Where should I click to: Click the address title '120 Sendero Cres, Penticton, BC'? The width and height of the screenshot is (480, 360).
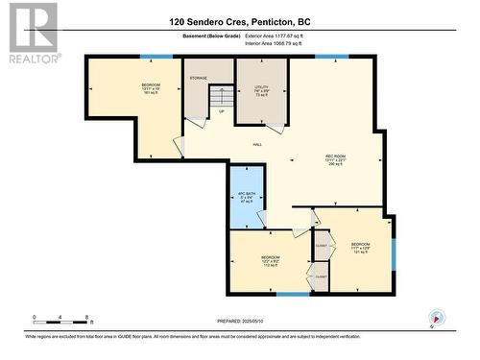click(x=239, y=21)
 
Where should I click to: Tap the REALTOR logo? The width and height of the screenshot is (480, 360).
click(x=34, y=34)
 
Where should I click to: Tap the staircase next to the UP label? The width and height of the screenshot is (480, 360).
click(x=222, y=97)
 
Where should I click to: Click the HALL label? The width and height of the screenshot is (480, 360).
click(x=257, y=145)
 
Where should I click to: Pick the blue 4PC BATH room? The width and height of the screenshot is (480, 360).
click(x=245, y=197)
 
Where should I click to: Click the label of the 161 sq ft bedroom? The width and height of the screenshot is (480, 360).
click(x=152, y=89)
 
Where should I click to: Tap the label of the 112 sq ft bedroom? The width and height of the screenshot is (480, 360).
click(x=271, y=260)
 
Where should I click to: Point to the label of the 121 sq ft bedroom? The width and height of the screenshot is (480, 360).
click(x=360, y=248)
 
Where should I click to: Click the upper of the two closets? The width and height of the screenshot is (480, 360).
click(x=321, y=246)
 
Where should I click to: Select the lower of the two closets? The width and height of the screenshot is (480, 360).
click(x=321, y=276)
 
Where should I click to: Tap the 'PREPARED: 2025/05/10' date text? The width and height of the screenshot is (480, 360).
click(x=238, y=322)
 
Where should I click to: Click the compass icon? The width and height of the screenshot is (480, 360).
click(x=438, y=317)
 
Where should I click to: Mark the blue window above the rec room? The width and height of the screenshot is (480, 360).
click(x=332, y=58)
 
